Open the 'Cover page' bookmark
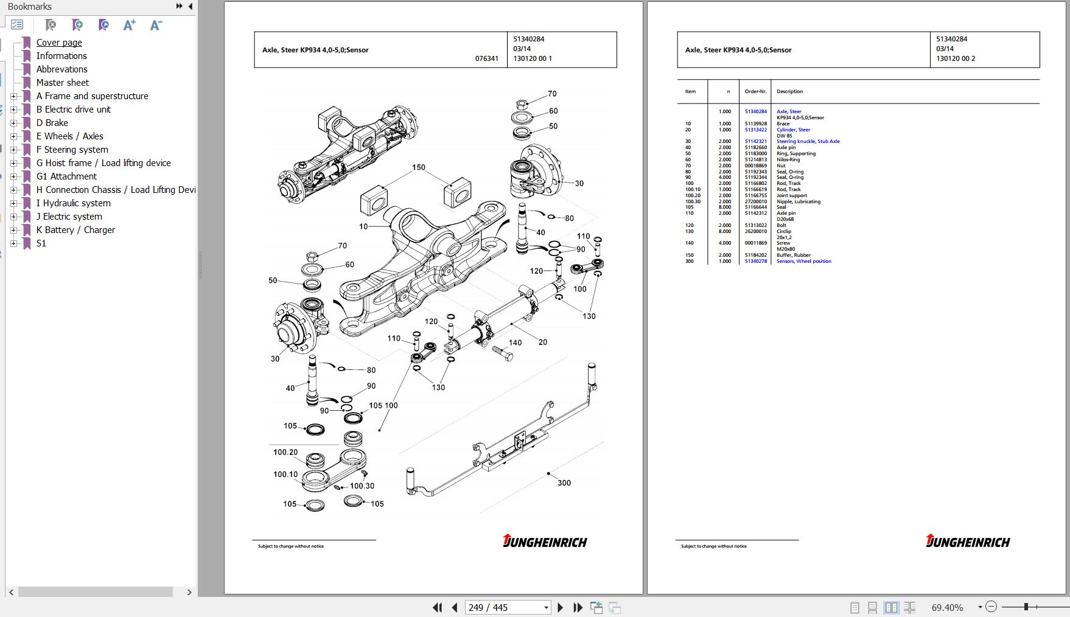coord(59,43)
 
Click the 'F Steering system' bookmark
coord(72,150)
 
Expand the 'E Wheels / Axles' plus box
coord(13,136)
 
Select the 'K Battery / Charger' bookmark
coord(75,230)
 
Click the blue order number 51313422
coord(755,130)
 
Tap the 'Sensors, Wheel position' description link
coord(803,261)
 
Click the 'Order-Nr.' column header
coord(755,91)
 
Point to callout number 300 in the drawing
coord(564,483)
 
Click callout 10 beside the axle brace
coord(363,226)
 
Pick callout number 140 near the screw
coord(515,343)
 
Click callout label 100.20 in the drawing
coord(285,452)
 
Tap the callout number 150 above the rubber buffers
coord(419,167)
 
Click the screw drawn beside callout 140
coord(502,352)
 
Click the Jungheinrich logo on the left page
coord(545,541)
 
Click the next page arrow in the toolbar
coord(560,607)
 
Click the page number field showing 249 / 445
coord(508,607)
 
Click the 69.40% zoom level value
coord(947,607)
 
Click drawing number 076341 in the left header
coord(486,58)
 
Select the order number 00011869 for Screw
coord(755,243)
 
